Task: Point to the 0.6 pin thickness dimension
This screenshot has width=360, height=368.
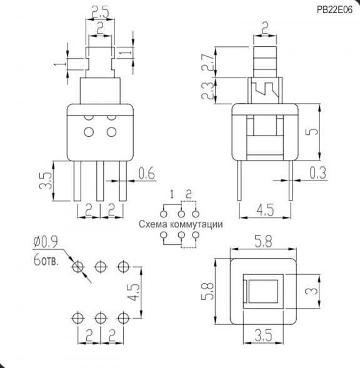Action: point(146,173)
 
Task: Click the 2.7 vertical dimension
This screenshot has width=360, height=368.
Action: point(222,61)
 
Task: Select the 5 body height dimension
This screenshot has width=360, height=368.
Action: point(316,132)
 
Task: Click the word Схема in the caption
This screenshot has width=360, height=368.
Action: point(153,224)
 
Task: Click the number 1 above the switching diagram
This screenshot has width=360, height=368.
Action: point(171,193)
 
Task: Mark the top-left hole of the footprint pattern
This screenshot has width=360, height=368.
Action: point(77,267)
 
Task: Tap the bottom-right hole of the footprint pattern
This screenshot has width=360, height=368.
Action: point(122,317)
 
